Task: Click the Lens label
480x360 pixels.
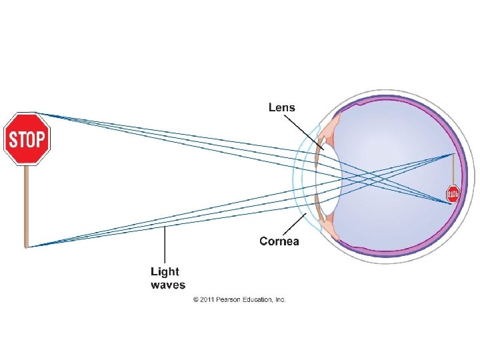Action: [281, 107]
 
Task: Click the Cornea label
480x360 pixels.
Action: [279, 241]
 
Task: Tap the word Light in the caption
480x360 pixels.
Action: [165, 272]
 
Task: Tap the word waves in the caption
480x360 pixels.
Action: [168, 285]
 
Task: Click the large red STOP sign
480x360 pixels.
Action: [27, 139]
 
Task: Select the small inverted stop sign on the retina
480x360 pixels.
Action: [453, 194]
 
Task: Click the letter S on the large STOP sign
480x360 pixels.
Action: [11, 140]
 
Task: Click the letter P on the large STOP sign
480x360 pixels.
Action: [41, 140]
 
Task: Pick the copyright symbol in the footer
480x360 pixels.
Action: [196, 300]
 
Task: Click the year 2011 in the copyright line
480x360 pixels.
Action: [207, 300]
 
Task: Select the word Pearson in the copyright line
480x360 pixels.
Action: [228, 300]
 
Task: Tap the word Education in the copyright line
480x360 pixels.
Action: [257, 300]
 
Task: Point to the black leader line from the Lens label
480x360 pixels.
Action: [304, 131]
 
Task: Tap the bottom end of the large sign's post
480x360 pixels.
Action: [27, 245]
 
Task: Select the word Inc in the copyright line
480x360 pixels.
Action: [279, 300]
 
